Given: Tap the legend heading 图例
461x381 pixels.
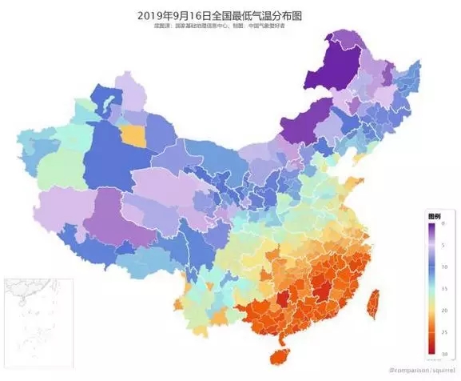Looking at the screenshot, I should coord(435,217).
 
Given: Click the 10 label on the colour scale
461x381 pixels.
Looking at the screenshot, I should coord(444,267).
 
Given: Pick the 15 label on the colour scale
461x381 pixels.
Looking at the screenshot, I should coord(444,288).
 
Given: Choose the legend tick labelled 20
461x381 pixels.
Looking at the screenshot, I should coord(444,310).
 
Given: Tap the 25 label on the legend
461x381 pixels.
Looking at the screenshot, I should coord(444,331).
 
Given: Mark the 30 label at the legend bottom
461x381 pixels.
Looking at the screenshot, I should coord(444,352).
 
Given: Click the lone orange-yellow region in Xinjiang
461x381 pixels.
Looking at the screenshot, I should coord(135,135).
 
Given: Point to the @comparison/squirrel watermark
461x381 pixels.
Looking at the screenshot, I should coord(423,371).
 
